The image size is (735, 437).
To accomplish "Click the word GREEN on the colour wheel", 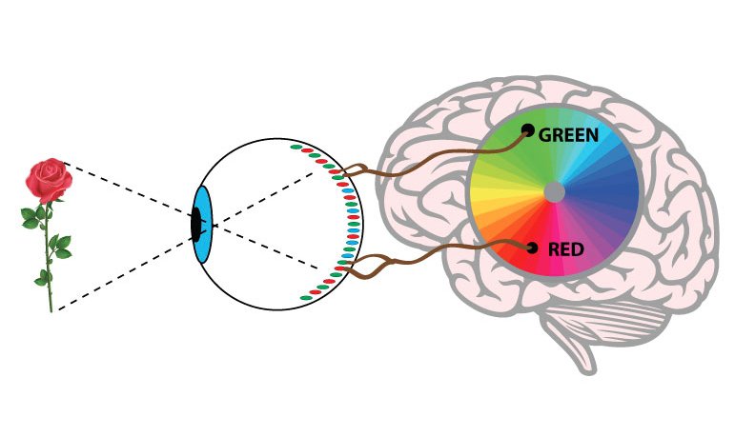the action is [568, 135].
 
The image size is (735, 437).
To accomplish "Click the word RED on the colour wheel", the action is [565, 249].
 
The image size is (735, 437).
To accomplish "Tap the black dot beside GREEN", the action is [528, 129].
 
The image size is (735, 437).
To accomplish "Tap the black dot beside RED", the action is [532, 248].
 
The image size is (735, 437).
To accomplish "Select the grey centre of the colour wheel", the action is [555, 192].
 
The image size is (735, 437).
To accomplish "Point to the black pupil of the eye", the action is [196, 225].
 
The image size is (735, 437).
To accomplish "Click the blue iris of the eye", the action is [203, 225].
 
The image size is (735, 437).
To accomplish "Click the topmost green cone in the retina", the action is [296, 147].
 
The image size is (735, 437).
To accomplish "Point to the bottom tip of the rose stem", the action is [51, 310].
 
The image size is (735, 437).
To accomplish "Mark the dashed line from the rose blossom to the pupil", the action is [128, 190].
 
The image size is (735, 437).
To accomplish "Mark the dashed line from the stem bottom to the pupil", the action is [125, 270].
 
